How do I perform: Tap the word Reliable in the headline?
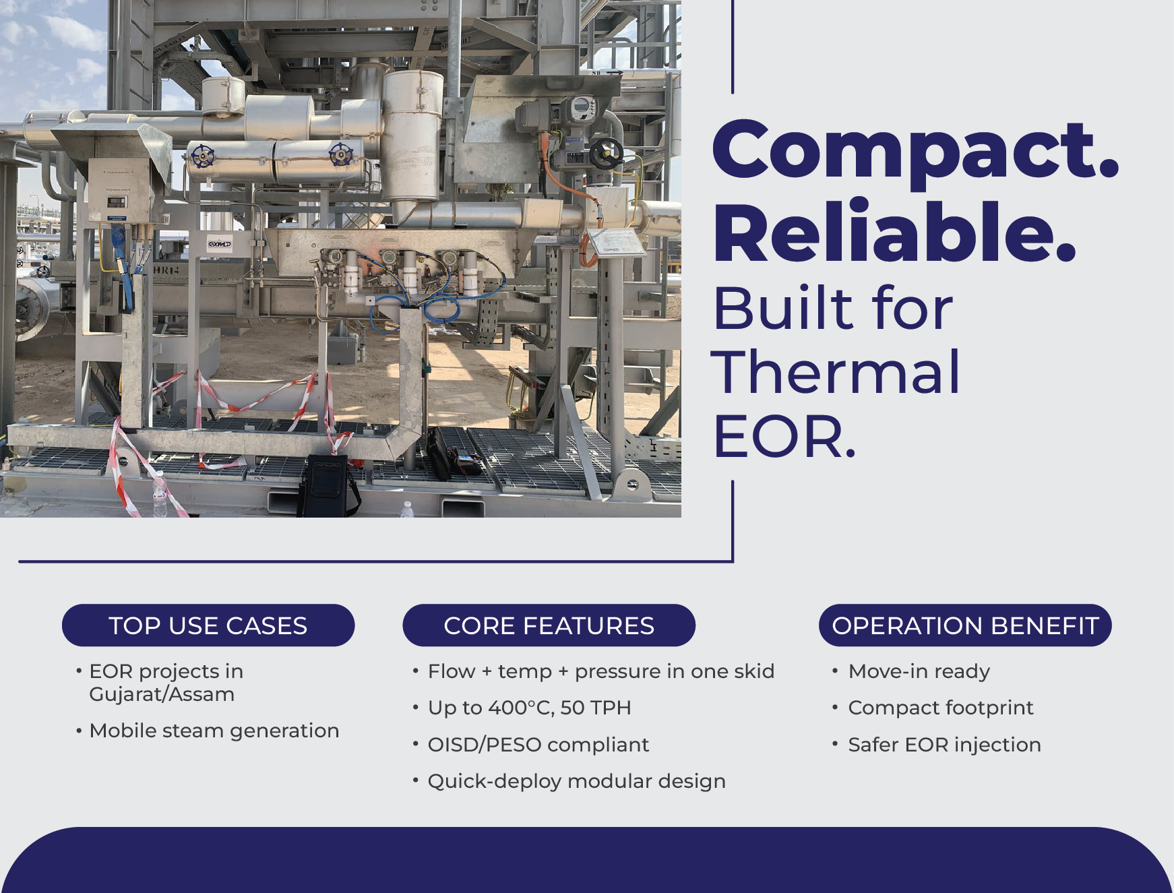894,231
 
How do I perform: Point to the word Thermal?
836,372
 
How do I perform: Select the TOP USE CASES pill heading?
208,625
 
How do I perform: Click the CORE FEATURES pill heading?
549,625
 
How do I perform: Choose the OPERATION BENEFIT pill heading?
965,625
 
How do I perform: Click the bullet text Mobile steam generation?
214,731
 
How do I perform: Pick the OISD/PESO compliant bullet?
538,745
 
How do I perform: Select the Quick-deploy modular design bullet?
577,781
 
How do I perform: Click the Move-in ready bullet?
919,671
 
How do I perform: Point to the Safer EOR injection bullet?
945,745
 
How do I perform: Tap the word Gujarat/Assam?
162,694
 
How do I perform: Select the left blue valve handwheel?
202,156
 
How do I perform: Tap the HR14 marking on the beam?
166,270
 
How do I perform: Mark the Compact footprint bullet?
941,708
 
